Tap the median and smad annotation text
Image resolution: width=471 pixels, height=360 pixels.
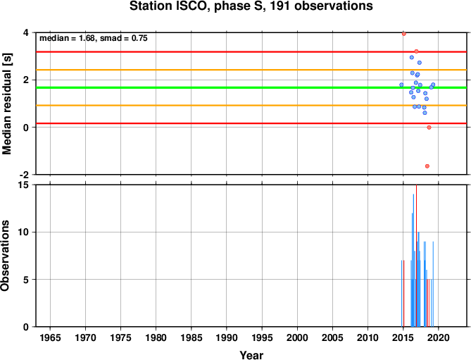(x=94, y=38)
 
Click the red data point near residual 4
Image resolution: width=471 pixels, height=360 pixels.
(x=404, y=34)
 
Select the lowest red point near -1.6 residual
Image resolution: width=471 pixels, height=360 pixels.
(x=427, y=166)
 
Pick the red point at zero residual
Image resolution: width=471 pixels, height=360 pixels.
(x=429, y=128)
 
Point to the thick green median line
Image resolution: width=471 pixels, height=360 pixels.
(x=251, y=88)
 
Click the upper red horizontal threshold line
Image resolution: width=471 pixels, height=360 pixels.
(x=251, y=52)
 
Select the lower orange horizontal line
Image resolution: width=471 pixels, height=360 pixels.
(x=251, y=106)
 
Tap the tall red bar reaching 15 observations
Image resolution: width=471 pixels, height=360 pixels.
(x=416, y=256)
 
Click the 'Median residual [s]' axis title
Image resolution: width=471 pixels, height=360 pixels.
(x=6, y=104)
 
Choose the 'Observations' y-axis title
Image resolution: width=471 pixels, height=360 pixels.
(x=5, y=256)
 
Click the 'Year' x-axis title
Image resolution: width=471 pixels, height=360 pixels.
(x=251, y=355)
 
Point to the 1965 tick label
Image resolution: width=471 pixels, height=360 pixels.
(x=50, y=337)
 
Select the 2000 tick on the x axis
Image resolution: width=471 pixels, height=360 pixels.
(x=297, y=337)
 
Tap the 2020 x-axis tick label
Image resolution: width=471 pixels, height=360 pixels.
(x=439, y=337)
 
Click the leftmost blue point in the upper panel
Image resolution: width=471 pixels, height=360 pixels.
(x=401, y=85)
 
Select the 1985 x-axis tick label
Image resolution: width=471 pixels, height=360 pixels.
(x=191, y=337)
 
